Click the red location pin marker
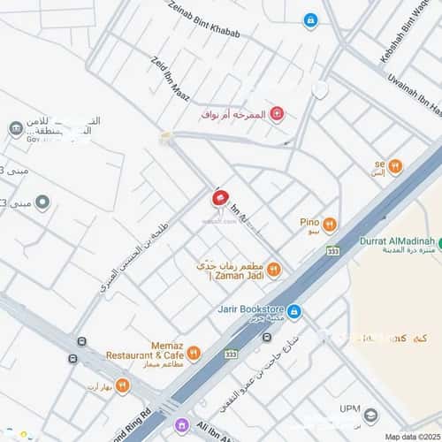[x=218, y=198]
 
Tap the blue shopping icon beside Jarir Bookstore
[x=294, y=311]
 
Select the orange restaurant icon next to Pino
[x=329, y=225]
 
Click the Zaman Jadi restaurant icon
[x=274, y=269]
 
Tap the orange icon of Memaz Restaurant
[x=194, y=354]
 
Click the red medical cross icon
[x=277, y=114]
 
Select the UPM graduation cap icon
[x=371, y=415]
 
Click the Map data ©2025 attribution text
[x=410, y=435]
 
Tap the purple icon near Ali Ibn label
[x=182, y=425]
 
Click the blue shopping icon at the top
[x=310, y=19]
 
